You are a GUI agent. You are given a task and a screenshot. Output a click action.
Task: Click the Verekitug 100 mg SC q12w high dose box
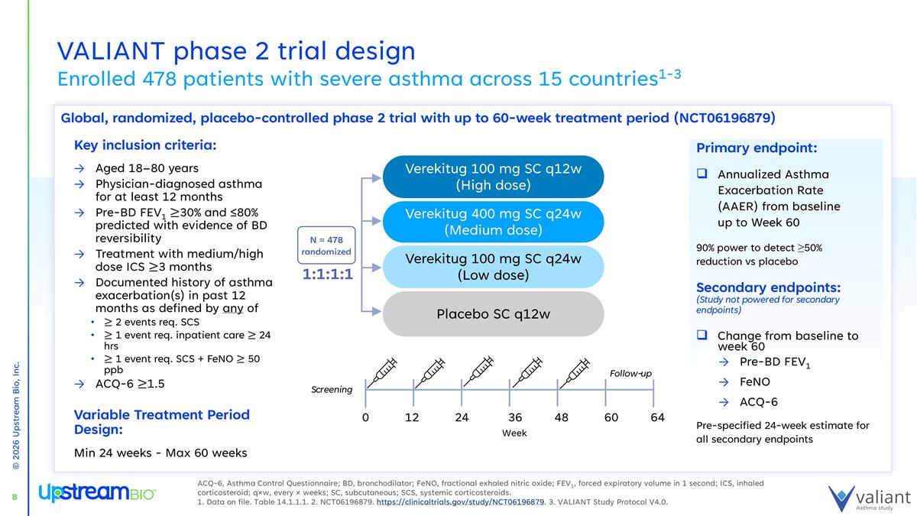(493, 177)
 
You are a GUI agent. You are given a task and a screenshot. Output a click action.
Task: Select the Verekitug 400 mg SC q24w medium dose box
(493, 222)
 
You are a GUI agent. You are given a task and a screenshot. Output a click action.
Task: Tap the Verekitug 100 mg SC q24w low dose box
(493, 267)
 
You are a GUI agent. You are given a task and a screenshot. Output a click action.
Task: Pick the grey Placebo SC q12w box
(493, 313)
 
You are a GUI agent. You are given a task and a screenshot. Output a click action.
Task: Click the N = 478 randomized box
(326, 245)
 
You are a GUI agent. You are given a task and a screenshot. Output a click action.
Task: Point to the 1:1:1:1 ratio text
(326, 274)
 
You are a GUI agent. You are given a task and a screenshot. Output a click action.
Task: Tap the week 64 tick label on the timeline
(656, 417)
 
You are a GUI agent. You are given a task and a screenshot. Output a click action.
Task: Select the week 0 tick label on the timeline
(365, 417)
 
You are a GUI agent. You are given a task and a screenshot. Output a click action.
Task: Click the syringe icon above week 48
(578, 372)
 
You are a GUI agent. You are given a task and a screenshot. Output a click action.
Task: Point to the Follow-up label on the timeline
(630, 374)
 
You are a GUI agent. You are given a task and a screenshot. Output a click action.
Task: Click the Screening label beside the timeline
(331, 390)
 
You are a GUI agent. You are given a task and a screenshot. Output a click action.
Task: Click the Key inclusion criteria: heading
(145, 145)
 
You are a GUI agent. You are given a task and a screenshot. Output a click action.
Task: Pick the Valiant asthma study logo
(870, 497)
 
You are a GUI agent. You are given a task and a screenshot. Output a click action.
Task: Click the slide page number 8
(15, 498)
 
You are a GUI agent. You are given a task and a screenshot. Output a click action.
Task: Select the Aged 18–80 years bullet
(147, 168)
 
